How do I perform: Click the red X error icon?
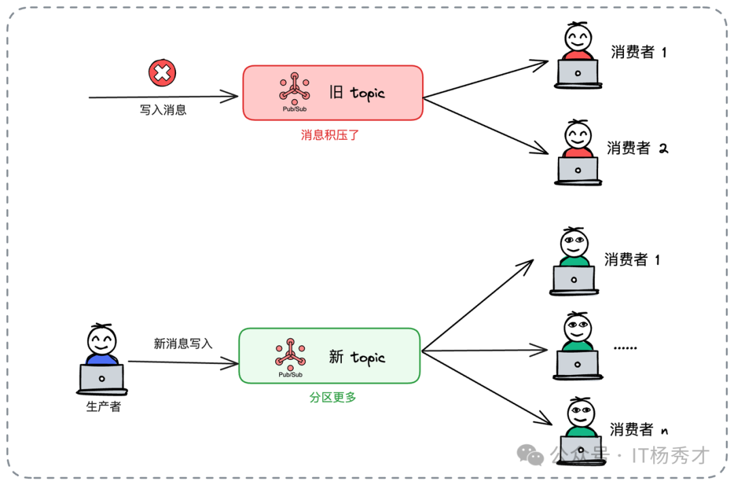(x=162, y=73)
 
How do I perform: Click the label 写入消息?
(x=163, y=110)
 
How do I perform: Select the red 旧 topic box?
(x=333, y=93)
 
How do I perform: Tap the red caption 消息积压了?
(x=330, y=135)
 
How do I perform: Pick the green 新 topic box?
(x=330, y=356)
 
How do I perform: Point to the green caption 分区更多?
(x=333, y=397)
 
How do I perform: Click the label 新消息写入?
(x=183, y=344)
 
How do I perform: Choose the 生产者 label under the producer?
(x=103, y=407)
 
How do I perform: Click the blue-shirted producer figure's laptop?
(x=102, y=378)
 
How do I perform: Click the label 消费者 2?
(x=637, y=148)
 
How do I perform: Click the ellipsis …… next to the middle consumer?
(x=625, y=347)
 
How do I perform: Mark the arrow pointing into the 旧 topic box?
(x=163, y=97)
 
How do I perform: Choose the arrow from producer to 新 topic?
(x=182, y=362)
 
